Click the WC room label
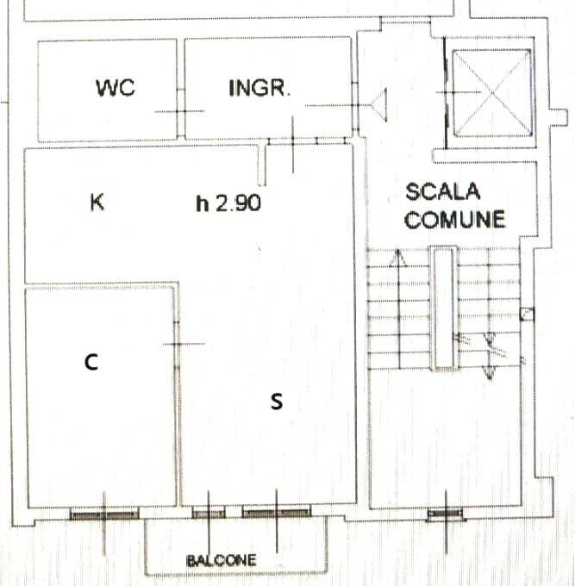tap(116, 87)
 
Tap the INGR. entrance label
tap(259, 88)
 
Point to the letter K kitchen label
tap(97, 203)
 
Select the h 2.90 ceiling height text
tap(228, 203)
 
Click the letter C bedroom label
tap(91, 362)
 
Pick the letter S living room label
tap(277, 402)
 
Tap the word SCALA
tap(442, 191)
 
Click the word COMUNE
tap(454, 219)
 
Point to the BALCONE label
tap(222, 561)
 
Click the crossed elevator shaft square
tap(492, 92)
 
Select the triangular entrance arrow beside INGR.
tap(379, 105)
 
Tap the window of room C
tap(104, 515)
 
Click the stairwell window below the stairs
tap(446, 515)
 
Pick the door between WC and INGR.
tap(180, 111)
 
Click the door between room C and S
tap(177, 344)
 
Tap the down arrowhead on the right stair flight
tap(490, 374)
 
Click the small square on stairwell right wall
tap(527, 314)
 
